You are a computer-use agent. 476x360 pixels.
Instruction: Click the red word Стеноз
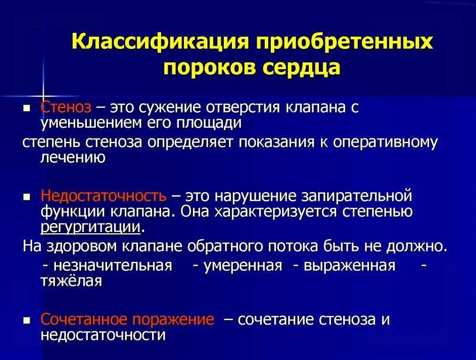[x=66, y=107]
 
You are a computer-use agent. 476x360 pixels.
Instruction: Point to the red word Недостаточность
[x=103, y=195]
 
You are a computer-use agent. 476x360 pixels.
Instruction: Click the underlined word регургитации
[x=91, y=228]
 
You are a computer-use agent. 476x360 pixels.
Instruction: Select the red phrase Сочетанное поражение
[x=127, y=320]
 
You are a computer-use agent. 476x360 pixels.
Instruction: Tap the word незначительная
[x=112, y=266]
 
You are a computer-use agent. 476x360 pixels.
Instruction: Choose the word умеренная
[x=243, y=266]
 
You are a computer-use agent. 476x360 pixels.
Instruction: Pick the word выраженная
[x=349, y=266]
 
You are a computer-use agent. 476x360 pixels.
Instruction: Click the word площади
[x=212, y=123]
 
